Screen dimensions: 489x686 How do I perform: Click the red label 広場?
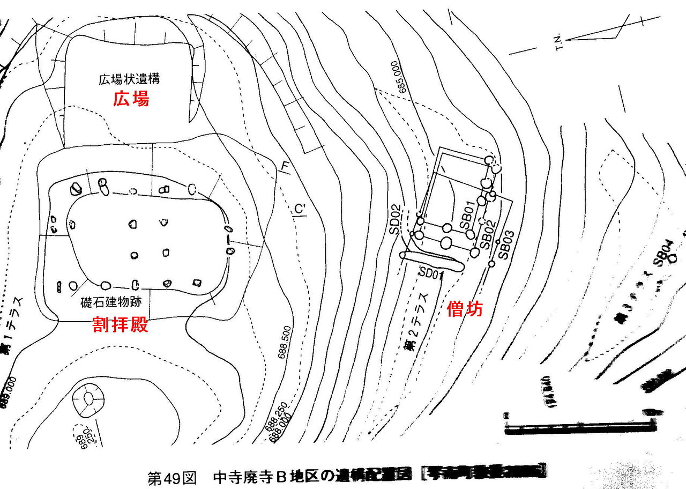click(x=131, y=99)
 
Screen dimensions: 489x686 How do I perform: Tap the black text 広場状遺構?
click(x=129, y=80)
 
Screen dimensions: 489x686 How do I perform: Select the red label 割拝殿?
click(x=120, y=325)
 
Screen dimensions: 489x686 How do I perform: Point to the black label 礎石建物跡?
click(x=111, y=302)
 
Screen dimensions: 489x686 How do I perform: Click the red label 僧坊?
click(x=465, y=309)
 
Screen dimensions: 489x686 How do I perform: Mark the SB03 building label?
click(x=506, y=244)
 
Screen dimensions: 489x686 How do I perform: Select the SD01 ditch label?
click(x=433, y=273)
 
